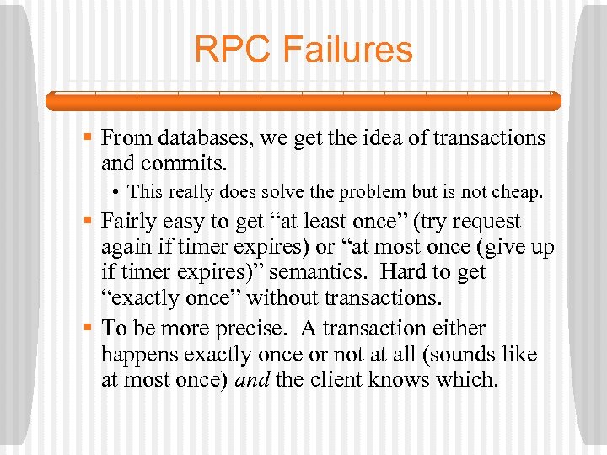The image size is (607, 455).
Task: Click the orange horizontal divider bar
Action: tap(303, 102)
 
